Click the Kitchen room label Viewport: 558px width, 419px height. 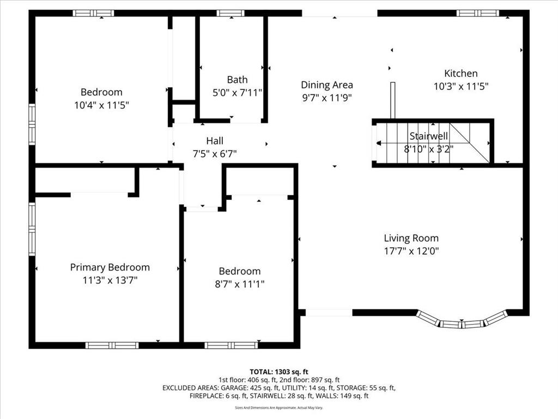click(461, 74)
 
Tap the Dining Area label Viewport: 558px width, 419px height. click(327, 85)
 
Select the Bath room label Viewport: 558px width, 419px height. click(238, 80)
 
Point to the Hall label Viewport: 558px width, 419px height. click(215, 141)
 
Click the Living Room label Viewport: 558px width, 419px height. click(411, 238)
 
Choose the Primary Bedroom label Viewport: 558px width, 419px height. click(110, 267)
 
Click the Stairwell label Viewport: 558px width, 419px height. click(428, 136)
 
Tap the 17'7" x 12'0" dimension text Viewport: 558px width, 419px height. click(411, 251)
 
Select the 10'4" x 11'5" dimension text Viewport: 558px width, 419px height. click(101, 105)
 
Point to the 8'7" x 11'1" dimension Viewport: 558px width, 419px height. click(240, 284)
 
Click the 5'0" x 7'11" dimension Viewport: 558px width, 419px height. click(238, 93)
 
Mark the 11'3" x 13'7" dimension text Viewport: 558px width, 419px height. click(110, 280)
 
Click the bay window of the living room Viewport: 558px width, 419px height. click(462, 321)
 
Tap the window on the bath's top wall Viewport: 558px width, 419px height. click(231, 14)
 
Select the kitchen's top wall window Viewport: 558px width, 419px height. click(478, 14)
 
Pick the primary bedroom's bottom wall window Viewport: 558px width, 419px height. click(112, 345)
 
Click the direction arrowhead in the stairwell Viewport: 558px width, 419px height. click(379, 143)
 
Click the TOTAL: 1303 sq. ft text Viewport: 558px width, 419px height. click(279, 372)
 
